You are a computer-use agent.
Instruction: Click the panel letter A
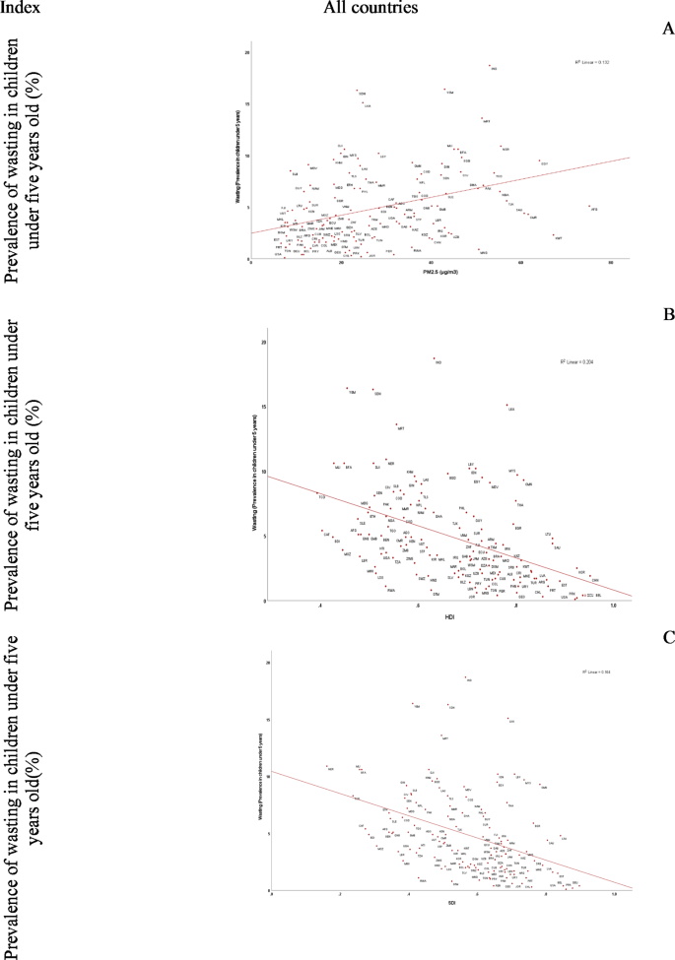667,31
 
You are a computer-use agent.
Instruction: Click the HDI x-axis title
449,616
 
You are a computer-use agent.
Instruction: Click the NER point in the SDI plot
328,767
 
